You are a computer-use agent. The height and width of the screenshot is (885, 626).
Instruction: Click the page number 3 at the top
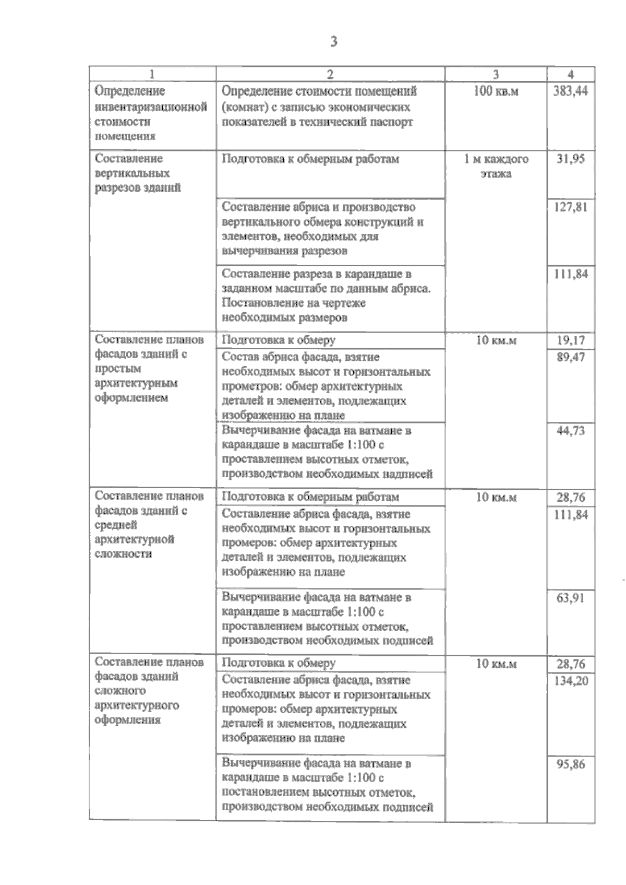tap(333, 41)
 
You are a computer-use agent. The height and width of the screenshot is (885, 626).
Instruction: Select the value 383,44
tap(570, 91)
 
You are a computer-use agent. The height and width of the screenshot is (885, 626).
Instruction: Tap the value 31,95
tap(570, 159)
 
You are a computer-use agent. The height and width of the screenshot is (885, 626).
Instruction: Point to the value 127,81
tap(570, 207)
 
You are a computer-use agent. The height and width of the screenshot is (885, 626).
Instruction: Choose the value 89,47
tap(570, 357)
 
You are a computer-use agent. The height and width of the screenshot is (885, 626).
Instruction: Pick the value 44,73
tap(570, 431)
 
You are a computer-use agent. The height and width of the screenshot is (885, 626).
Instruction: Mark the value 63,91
tap(570, 597)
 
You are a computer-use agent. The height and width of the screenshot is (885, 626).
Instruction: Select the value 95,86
tap(570, 764)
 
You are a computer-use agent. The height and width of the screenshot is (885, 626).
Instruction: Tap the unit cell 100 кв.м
tap(496, 91)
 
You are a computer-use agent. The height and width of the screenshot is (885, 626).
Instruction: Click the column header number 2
tap(330, 74)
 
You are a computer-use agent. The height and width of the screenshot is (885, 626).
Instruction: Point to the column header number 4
tap(571, 74)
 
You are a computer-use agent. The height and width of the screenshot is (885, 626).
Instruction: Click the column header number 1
tap(152, 74)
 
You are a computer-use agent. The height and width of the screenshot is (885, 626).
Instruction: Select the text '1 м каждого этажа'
tap(496, 166)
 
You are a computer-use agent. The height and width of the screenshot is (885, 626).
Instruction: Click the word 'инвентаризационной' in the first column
tap(151, 107)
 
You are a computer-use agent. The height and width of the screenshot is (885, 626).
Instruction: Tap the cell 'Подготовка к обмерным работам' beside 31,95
tap(310, 159)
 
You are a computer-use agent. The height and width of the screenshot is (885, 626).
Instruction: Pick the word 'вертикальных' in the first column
tap(132, 173)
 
